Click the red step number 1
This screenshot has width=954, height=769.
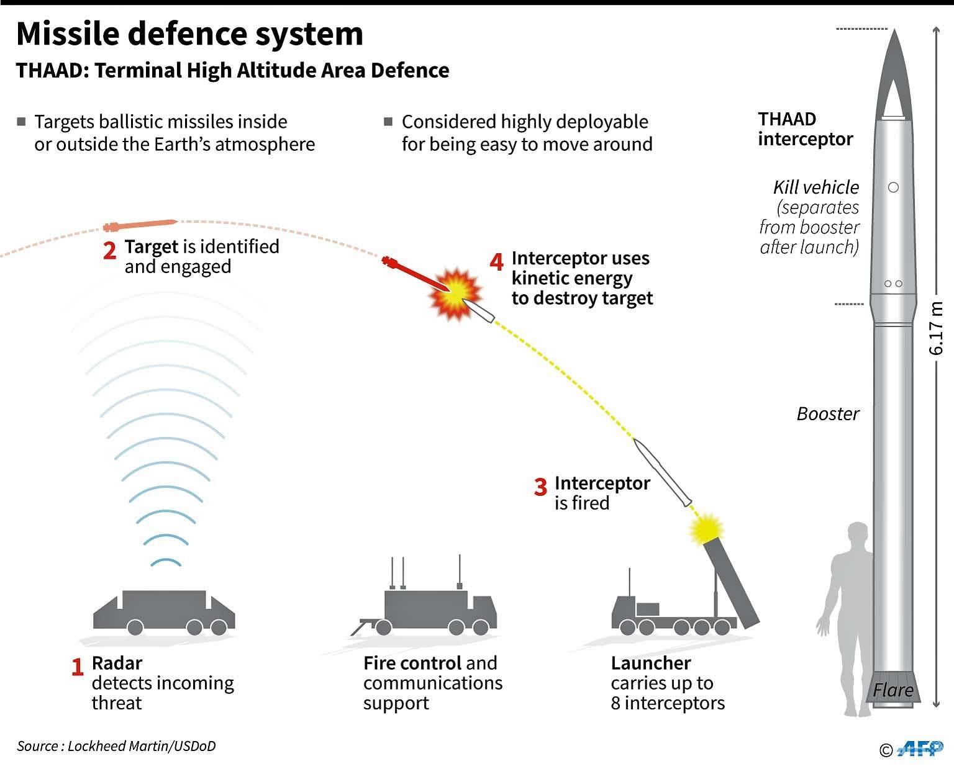pyautogui.click(x=77, y=667)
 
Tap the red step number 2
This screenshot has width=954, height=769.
pyautogui.click(x=109, y=251)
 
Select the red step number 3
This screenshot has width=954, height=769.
pyautogui.click(x=540, y=487)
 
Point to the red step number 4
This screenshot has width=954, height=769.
pyautogui.click(x=496, y=262)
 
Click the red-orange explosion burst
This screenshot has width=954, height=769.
pyautogui.click(x=455, y=294)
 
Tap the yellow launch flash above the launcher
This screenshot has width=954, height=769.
pyautogui.click(x=706, y=528)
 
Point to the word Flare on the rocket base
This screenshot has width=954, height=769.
pyautogui.click(x=893, y=690)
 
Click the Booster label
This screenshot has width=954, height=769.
pyautogui.click(x=827, y=414)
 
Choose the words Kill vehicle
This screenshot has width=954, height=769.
pyautogui.click(x=815, y=187)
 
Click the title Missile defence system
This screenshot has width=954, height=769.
pyautogui.click(x=189, y=34)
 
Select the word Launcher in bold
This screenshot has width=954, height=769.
pyautogui.click(x=650, y=663)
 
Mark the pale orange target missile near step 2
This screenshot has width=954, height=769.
pyautogui.click(x=141, y=224)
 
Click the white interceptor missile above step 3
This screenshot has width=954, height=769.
pyautogui.click(x=663, y=472)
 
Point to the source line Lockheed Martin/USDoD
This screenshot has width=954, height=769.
pyautogui.click(x=116, y=746)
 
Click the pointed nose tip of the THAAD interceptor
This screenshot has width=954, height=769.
pyautogui.click(x=894, y=32)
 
